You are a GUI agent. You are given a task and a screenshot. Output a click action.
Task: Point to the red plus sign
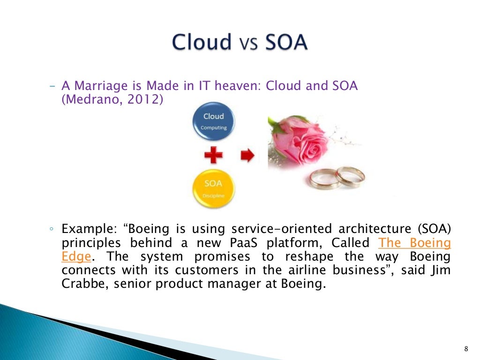[214, 155]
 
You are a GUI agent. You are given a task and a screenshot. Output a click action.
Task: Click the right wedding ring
[350, 176]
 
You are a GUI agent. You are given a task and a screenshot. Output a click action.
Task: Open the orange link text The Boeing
[414, 243]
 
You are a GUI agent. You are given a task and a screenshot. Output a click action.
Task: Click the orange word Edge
[75, 257]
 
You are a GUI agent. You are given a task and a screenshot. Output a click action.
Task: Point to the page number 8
[465, 348]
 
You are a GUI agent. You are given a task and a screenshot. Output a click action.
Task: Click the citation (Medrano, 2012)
[113, 100]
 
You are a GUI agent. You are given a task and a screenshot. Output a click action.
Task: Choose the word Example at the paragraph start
[88, 230]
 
